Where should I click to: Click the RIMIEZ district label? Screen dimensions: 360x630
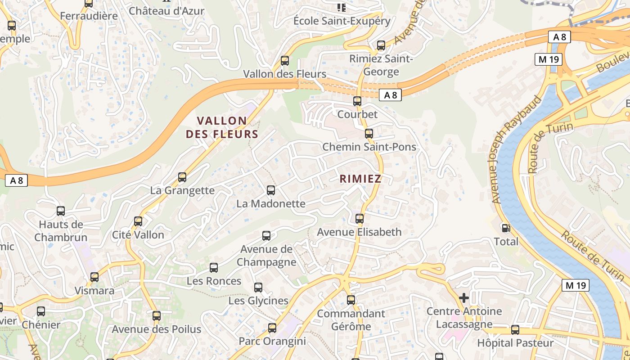(360, 179)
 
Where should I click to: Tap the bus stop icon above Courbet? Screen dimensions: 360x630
(357, 101)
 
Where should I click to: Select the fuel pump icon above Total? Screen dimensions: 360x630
(506, 229)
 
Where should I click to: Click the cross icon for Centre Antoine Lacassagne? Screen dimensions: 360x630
(463, 298)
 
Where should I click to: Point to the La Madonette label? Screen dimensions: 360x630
(271, 204)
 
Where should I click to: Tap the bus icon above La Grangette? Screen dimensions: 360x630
(182, 177)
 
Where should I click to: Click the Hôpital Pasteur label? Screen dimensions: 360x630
(515, 343)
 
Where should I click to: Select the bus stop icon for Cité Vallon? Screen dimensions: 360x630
(138, 221)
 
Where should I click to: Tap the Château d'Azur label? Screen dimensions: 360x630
(166, 11)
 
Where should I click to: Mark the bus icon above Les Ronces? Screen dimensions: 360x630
(214, 268)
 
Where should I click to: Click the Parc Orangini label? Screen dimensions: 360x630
(272, 341)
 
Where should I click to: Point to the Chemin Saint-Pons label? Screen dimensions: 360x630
(369, 147)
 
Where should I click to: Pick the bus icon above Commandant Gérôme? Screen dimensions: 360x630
(351, 300)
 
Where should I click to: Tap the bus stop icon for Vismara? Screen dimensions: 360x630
(94, 277)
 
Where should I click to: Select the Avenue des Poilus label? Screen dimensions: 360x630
(156, 329)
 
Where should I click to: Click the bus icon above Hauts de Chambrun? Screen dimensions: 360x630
(61, 211)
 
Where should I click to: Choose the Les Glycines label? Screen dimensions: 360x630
(258, 301)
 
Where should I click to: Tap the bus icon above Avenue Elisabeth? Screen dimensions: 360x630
(359, 219)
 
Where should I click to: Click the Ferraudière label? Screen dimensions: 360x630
(89, 16)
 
